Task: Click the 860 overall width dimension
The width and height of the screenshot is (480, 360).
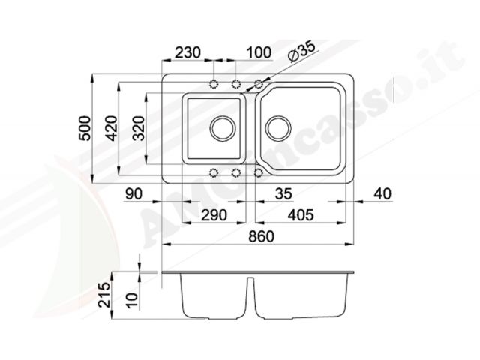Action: coord(261,236)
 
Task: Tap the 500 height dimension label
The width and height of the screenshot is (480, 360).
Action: coord(85,128)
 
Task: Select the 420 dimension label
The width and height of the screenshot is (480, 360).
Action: coord(112,128)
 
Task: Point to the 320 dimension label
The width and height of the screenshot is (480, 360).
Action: coord(139,128)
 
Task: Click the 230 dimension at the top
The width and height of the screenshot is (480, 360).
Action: coord(187,52)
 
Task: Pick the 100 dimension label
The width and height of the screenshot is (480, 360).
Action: coord(259,52)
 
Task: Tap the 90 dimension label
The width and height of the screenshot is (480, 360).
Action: coord(133,193)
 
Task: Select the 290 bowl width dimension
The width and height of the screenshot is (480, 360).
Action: coord(214,215)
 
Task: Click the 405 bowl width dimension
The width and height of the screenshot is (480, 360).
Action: coord(301,215)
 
